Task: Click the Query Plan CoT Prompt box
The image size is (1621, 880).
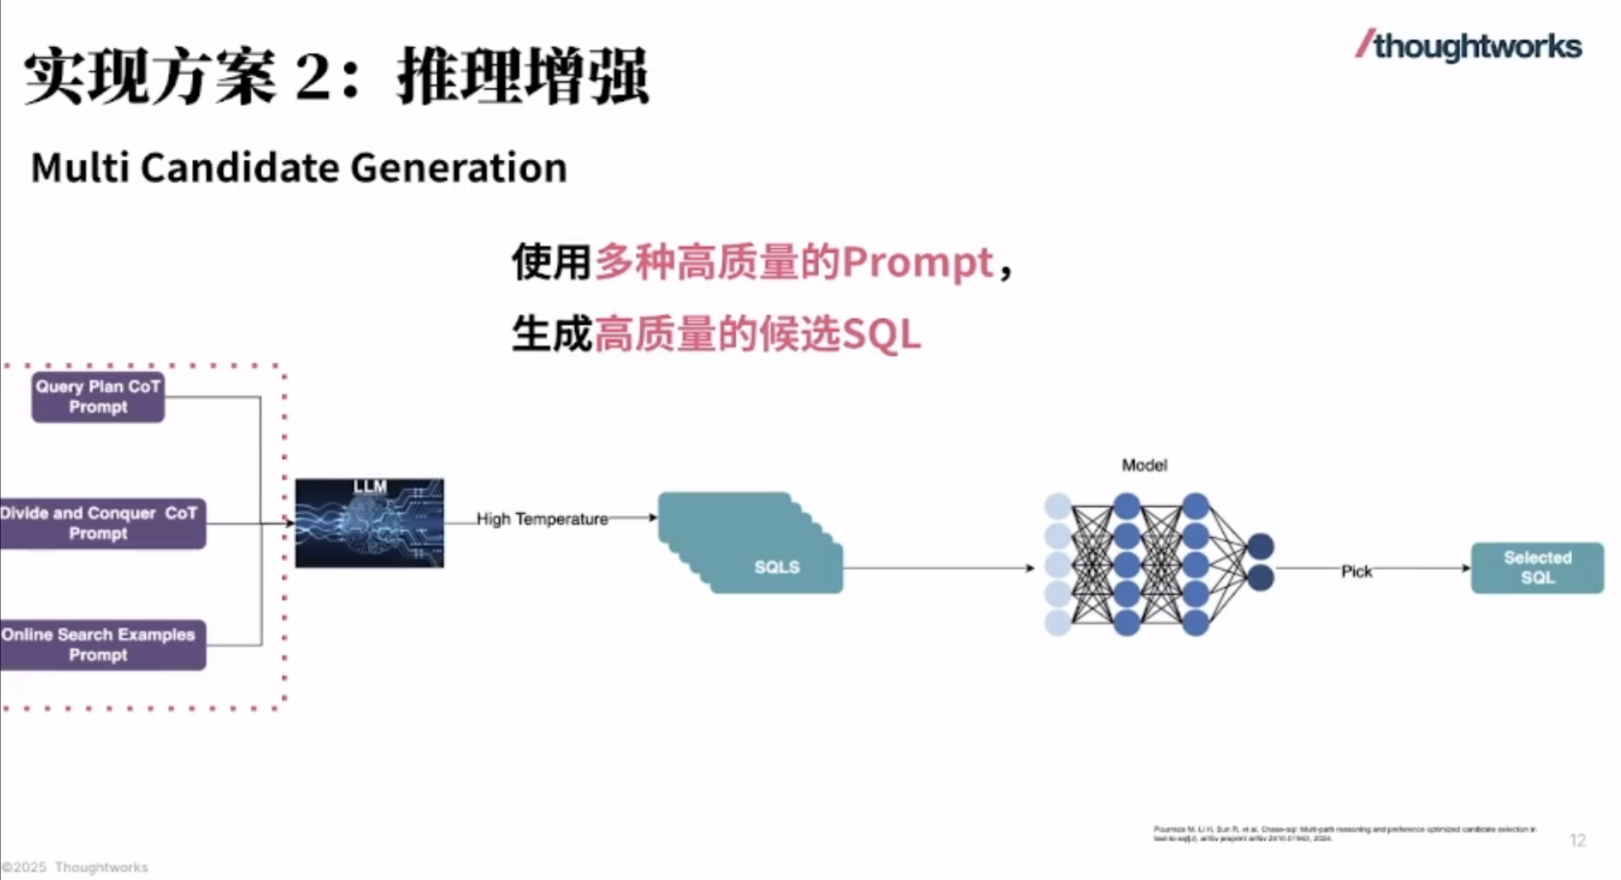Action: tap(98, 397)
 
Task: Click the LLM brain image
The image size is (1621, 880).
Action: tap(370, 524)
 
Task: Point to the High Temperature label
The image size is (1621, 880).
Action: tap(542, 520)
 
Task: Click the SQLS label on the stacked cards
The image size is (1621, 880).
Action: tap(777, 568)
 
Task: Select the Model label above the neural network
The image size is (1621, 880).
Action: tap(1144, 466)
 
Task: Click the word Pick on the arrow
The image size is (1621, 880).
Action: tap(1356, 572)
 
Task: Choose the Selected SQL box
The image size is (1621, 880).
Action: tap(1537, 568)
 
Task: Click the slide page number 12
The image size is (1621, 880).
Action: tap(1577, 840)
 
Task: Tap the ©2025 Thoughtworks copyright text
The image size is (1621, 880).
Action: tap(75, 868)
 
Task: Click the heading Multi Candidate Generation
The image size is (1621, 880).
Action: tap(298, 168)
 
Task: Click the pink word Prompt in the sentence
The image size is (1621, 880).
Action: tap(917, 264)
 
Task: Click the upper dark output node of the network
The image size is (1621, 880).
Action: tap(1261, 546)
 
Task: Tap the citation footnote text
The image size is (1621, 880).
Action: tap(1343, 834)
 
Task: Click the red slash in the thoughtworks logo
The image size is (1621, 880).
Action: tap(1364, 44)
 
